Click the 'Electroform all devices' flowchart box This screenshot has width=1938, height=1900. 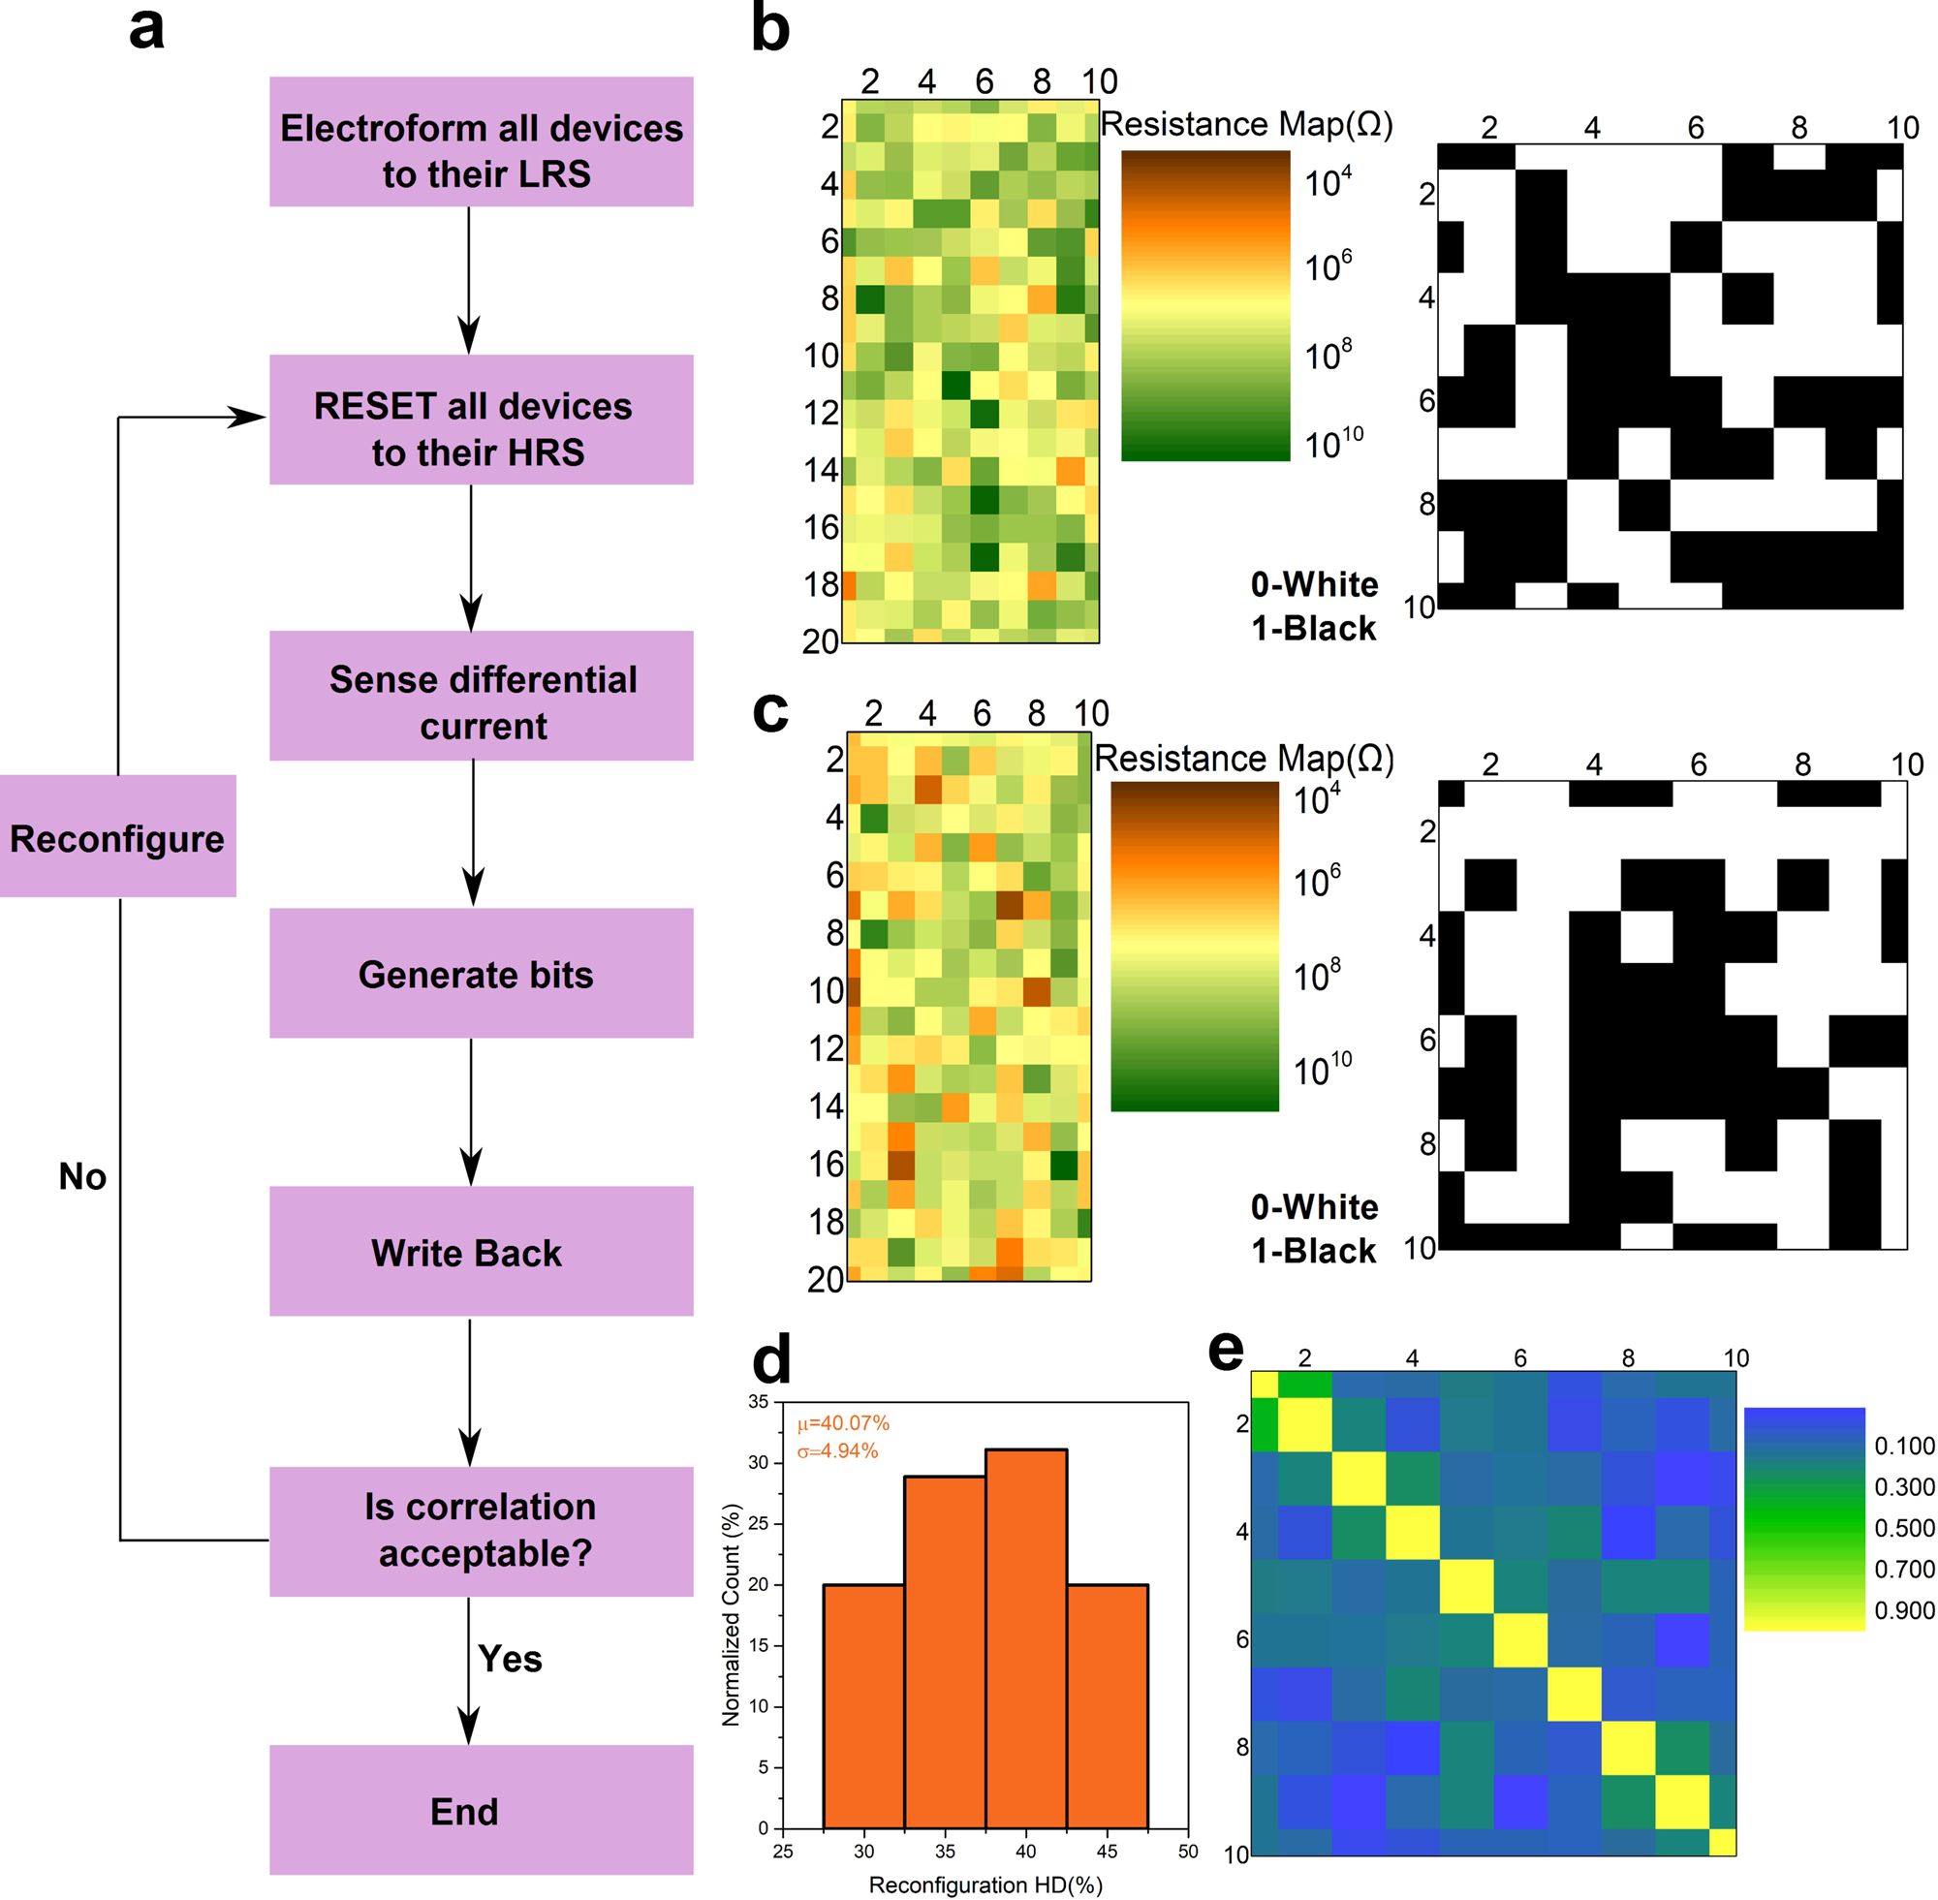[x=481, y=141]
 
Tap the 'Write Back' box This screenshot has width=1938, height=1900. [x=481, y=1252]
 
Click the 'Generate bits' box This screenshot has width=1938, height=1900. [x=481, y=973]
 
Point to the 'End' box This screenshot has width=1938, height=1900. [x=481, y=1810]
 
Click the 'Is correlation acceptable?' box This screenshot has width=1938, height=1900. [x=481, y=1531]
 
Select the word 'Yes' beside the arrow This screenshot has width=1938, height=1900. [x=510, y=1660]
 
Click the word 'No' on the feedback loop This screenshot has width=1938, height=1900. [x=81, y=1176]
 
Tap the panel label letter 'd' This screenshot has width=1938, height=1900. [x=770, y=1360]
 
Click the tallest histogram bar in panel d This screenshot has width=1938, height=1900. [x=1026, y=1637]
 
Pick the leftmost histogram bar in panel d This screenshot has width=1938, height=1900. [x=863, y=1705]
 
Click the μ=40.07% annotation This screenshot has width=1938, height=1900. [x=843, y=1423]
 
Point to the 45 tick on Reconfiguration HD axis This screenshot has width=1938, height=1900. [x=1107, y=1853]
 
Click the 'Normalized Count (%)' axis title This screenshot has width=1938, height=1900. [x=731, y=1614]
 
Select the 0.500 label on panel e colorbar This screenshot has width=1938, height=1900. [x=1904, y=1528]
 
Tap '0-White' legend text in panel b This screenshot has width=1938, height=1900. [x=1313, y=585]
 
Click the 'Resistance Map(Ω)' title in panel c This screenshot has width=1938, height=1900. [x=1243, y=759]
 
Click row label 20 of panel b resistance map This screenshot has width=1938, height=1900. [x=821, y=640]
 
